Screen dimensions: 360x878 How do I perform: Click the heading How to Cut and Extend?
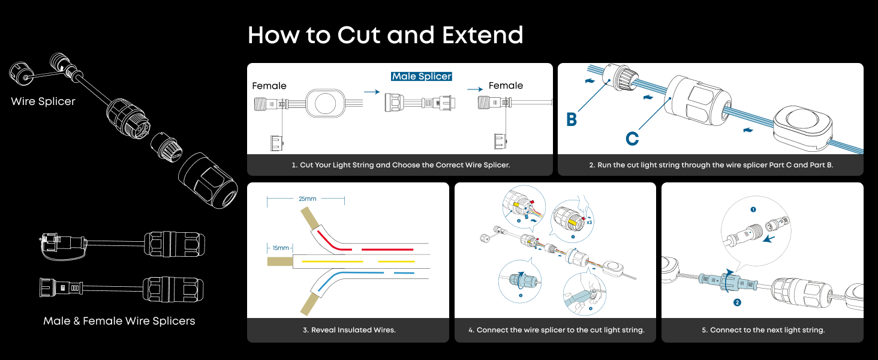point(385,35)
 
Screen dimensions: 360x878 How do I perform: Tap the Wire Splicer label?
point(43,101)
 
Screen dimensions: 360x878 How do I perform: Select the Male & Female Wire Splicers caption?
point(119,321)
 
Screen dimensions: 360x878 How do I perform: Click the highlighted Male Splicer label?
point(422,76)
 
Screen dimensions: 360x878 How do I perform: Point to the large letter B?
point(572,120)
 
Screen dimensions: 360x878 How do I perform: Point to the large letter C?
point(632,139)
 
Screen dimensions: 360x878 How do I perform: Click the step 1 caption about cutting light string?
point(400,164)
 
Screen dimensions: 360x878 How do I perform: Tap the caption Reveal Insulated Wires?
point(348,330)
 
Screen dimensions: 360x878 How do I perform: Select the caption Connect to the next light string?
point(762,330)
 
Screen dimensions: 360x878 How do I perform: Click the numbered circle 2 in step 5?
point(737,302)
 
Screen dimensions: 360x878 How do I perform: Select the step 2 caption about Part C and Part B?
point(711,164)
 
